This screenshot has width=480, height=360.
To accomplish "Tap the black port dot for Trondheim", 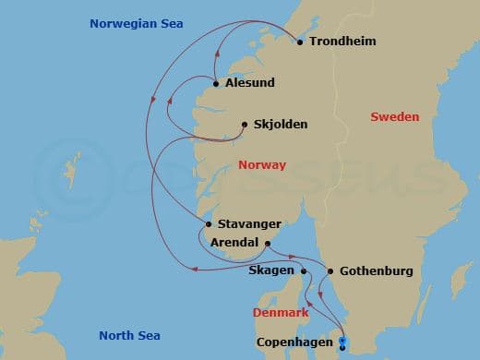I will tap(300, 42).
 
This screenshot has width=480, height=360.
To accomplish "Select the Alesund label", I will tap(249, 84).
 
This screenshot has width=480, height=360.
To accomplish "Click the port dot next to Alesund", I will tap(216, 84).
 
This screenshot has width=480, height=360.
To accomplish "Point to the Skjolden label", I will tap(281, 125).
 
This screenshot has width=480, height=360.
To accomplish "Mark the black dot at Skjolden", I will tap(244, 125).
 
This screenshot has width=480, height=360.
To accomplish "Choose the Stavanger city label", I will tap(249, 224).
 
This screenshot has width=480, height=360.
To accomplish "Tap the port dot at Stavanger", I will tap(209, 224).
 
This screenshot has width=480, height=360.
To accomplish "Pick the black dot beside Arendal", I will tap(268, 243).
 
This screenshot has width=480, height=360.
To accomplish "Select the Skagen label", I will tap(271, 271).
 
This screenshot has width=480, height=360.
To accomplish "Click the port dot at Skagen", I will tap(303, 271).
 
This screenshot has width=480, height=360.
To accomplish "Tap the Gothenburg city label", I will tap(376, 271).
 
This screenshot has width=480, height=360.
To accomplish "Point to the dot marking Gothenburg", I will tap(330, 271).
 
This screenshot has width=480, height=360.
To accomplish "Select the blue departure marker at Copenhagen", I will tap(342, 343).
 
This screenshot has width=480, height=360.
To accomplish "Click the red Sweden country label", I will tap(394, 117).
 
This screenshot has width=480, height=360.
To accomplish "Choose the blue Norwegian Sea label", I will tap(136, 23).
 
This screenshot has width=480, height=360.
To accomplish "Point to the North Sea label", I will tap(129, 335).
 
